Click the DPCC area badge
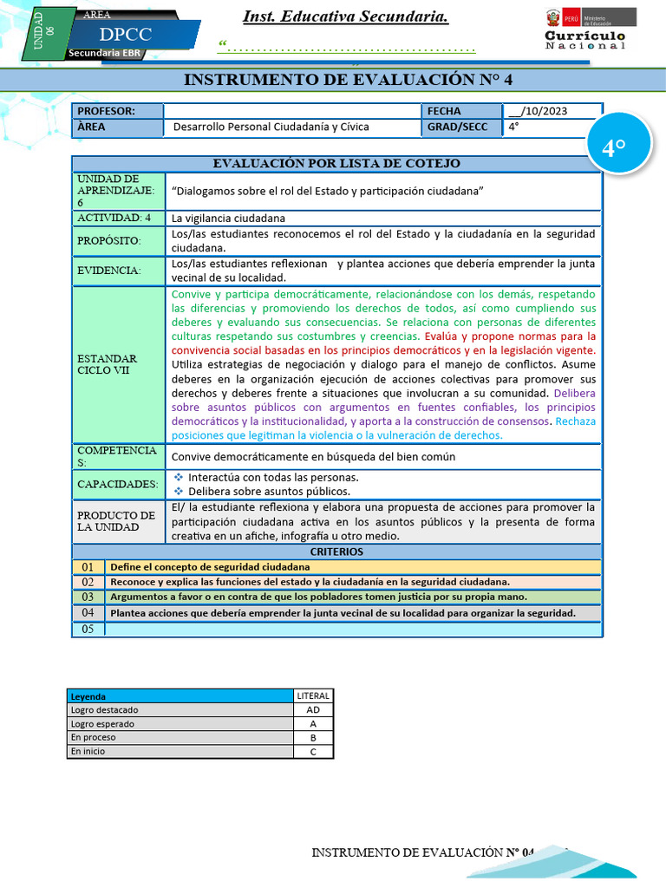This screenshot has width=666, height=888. (x=125, y=35)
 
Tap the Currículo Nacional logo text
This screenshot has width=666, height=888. (x=584, y=40)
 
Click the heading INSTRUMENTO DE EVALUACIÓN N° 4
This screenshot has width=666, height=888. (x=349, y=80)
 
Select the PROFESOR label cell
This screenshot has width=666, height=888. (x=118, y=111)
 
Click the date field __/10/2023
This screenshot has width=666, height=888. (x=550, y=111)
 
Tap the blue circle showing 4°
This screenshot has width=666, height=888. (x=613, y=148)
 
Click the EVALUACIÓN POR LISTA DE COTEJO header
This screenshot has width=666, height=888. (x=336, y=163)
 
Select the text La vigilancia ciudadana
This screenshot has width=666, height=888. (x=228, y=218)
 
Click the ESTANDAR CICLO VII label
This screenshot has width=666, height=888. (x=108, y=364)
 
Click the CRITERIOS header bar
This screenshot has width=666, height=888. (x=336, y=552)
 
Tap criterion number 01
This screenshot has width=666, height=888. (x=88, y=566)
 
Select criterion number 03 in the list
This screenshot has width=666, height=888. (x=88, y=597)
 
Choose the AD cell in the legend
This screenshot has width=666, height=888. (x=312, y=709)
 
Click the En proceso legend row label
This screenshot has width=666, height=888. (x=94, y=737)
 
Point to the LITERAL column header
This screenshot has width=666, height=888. (x=312, y=695)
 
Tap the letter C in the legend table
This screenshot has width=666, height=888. (x=312, y=751)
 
